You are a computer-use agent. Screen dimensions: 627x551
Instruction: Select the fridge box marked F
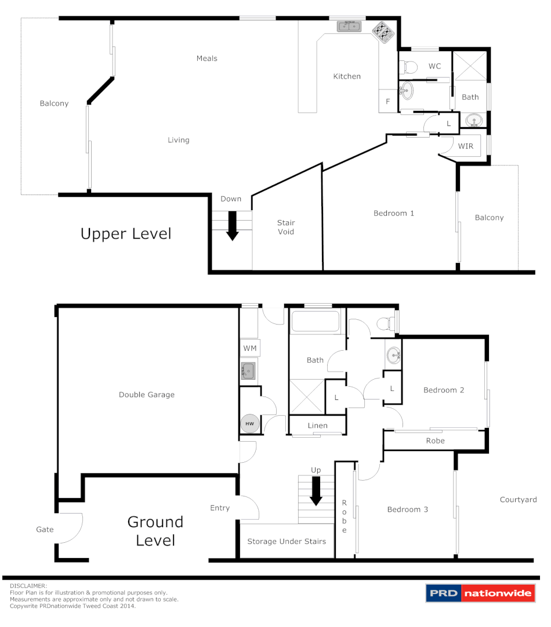[x=387, y=102]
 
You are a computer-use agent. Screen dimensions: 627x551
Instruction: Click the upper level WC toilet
[x=409, y=66]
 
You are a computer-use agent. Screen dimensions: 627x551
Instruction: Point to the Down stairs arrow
[x=232, y=226]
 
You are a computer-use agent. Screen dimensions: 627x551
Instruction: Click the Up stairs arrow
[x=316, y=491]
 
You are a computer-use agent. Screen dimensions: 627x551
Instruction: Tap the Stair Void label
[x=286, y=227]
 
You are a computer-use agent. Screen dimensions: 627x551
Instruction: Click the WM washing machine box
[x=250, y=348]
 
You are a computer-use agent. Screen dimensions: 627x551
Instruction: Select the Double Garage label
[x=147, y=395]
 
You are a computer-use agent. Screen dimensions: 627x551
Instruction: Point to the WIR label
[x=466, y=146]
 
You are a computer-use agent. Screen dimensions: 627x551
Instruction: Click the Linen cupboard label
[x=317, y=426]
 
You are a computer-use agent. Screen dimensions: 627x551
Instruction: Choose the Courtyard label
[x=518, y=499]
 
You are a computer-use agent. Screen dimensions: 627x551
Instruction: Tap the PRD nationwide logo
[x=480, y=593]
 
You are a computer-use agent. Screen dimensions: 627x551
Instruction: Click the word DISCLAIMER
[x=28, y=586]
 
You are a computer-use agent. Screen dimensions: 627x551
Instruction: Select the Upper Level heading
[x=126, y=234]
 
